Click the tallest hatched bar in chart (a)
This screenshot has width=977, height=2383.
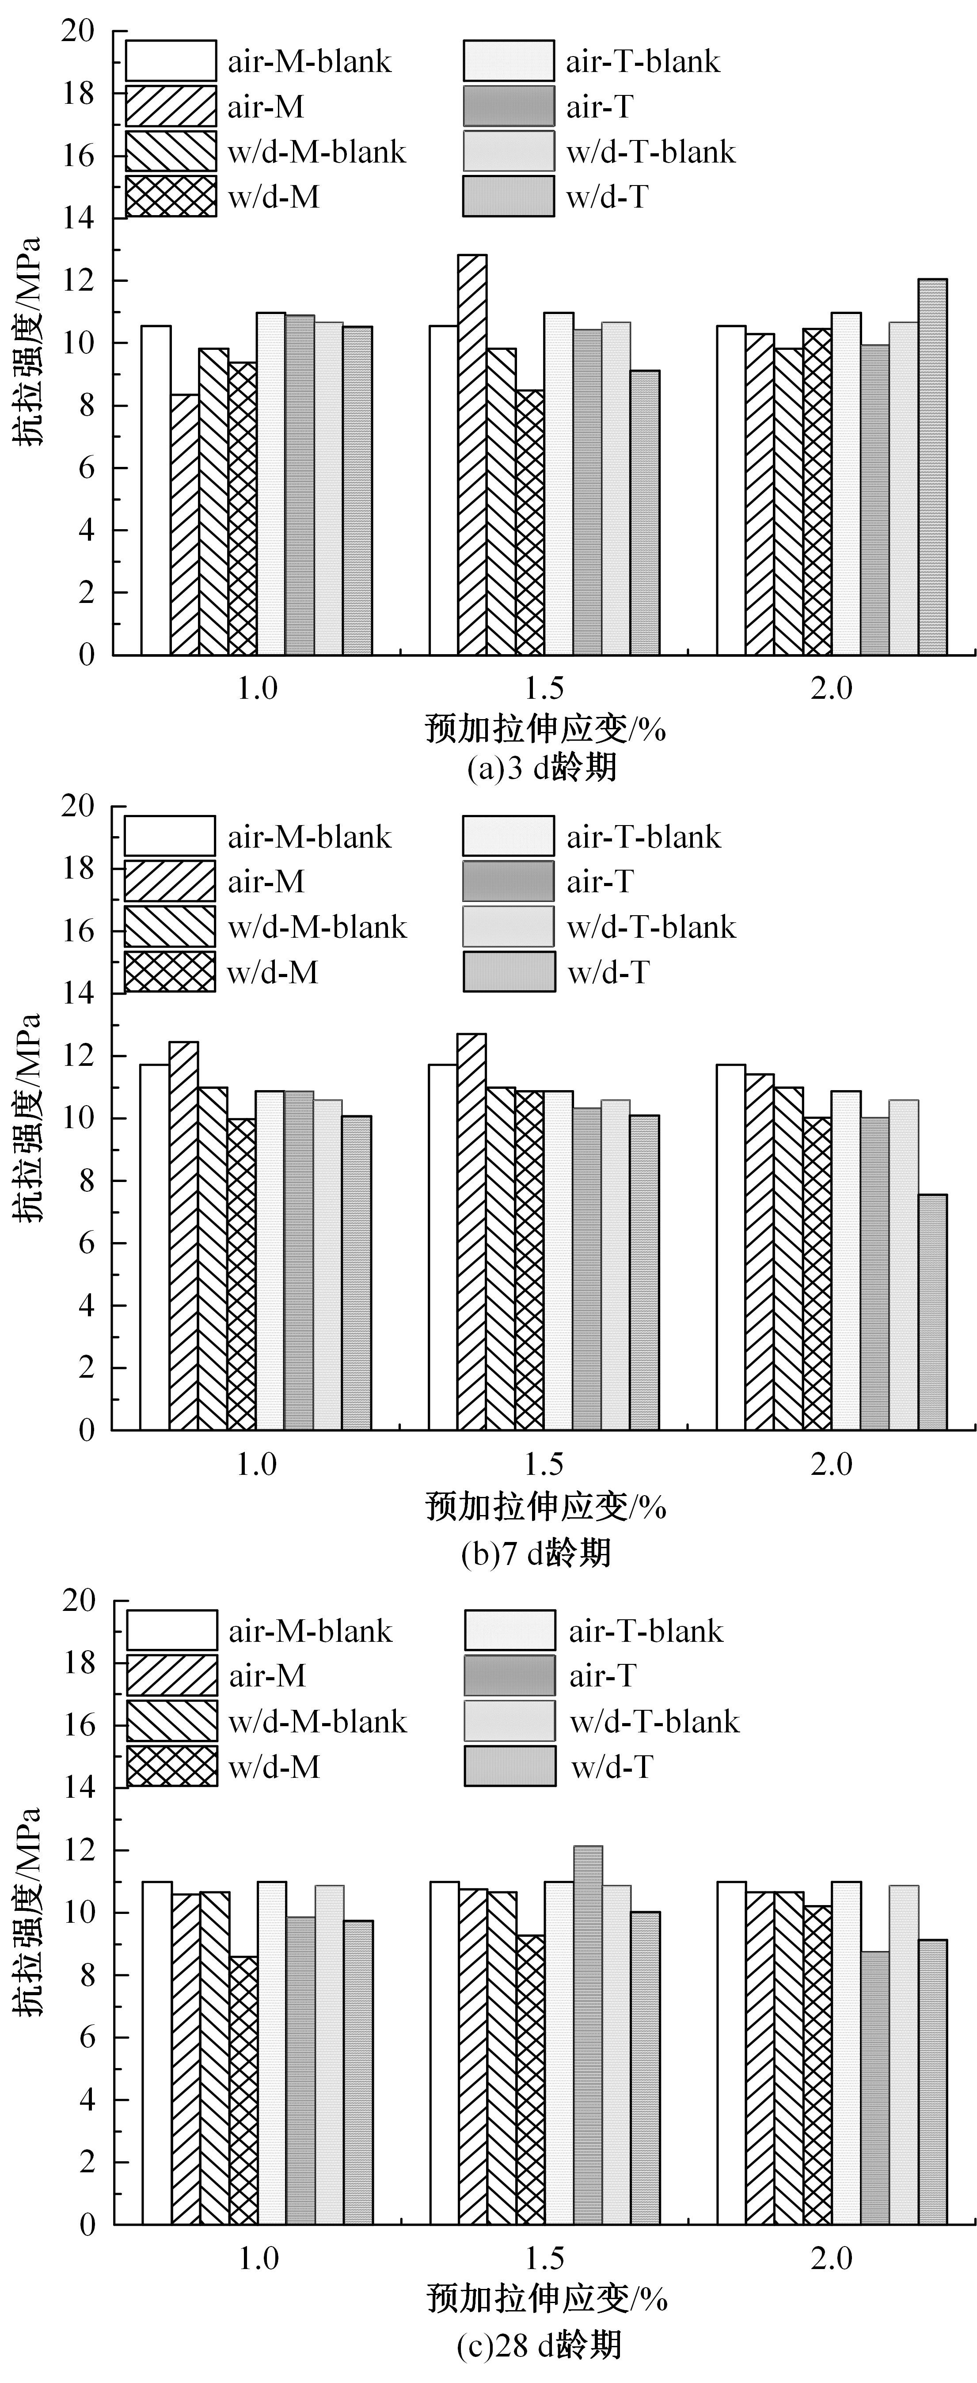click(x=472, y=455)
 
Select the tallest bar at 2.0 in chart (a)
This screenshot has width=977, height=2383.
click(x=931, y=467)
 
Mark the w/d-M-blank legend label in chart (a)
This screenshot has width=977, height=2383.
click(x=316, y=152)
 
